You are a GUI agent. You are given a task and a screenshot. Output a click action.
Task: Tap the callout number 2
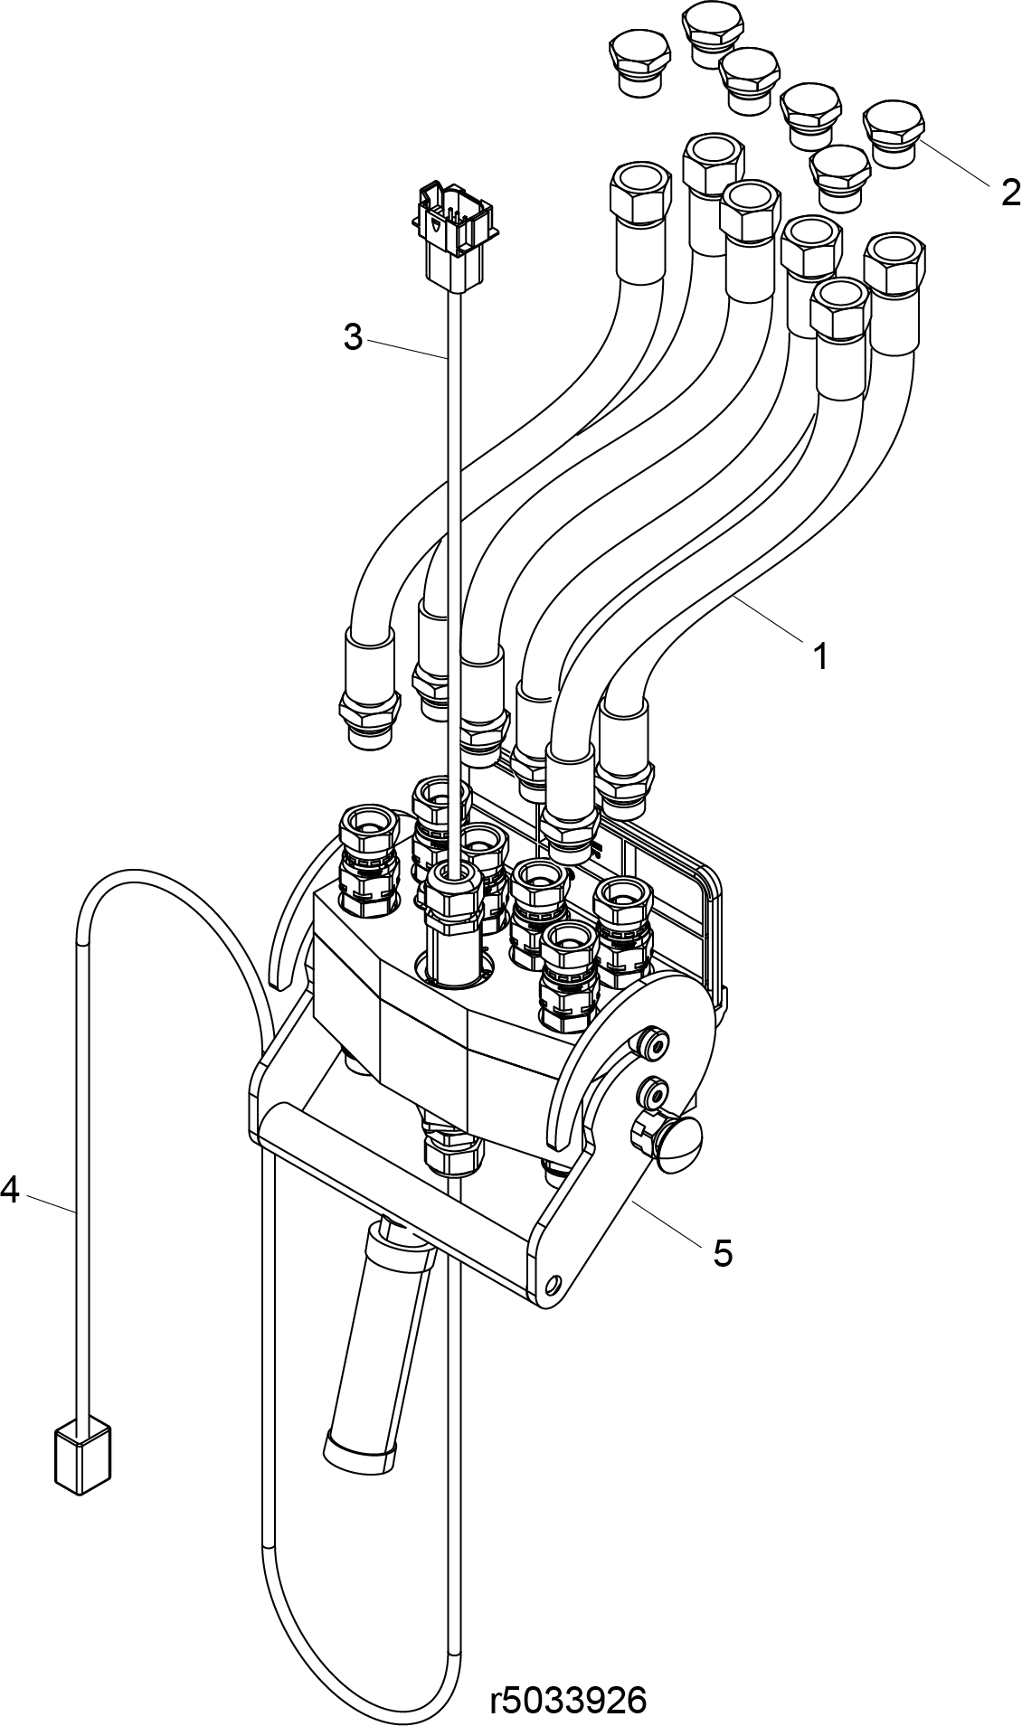[1010, 192]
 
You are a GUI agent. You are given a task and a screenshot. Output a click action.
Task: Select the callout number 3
[353, 337]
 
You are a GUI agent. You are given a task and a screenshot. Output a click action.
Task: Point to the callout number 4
[10, 1189]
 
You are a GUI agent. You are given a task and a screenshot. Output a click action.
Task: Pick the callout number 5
[723, 1253]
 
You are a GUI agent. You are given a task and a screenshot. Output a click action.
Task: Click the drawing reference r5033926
[568, 1701]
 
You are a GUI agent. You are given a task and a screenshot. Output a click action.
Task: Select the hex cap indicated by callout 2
[894, 133]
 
